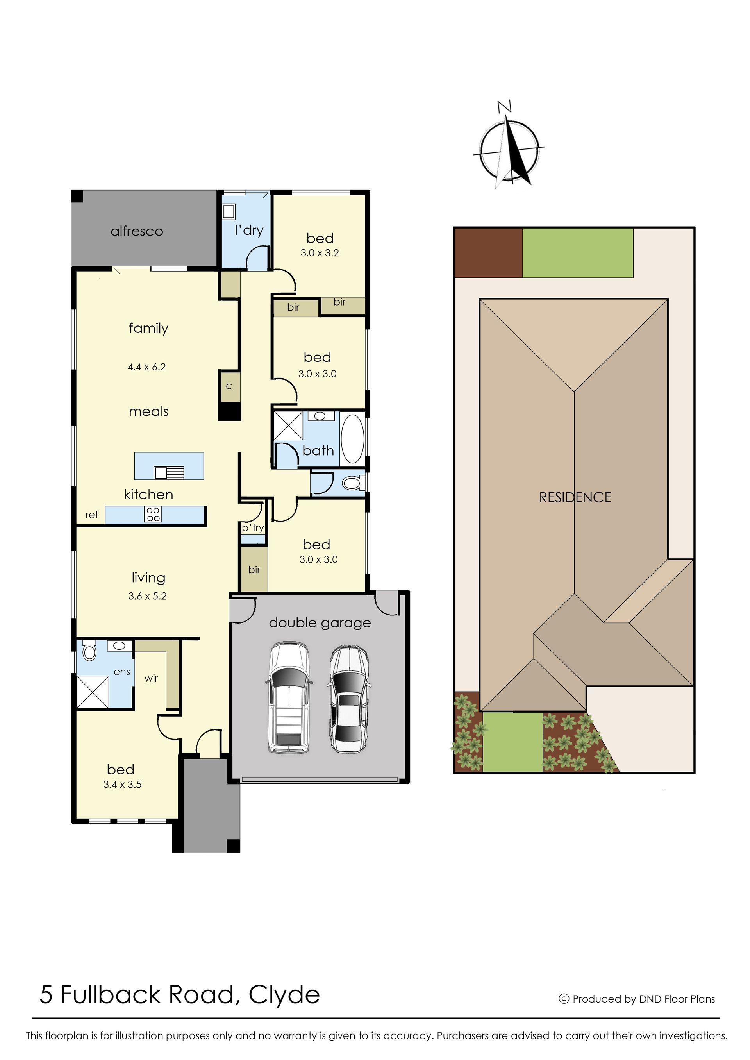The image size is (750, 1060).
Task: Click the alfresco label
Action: (x=137, y=231)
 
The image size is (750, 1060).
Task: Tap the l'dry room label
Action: (x=249, y=230)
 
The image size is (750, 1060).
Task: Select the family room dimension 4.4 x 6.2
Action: (x=147, y=367)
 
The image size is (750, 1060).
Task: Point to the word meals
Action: (x=149, y=411)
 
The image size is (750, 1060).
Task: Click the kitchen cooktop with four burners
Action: (x=153, y=515)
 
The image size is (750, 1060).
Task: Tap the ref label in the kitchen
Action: (x=91, y=515)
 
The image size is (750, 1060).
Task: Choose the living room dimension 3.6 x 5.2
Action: (x=147, y=596)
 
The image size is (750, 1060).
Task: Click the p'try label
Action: (x=253, y=528)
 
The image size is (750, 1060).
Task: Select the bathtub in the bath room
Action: (x=352, y=439)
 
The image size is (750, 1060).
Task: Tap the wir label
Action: (x=151, y=679)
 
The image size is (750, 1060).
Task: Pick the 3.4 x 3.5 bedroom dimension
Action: (x=122, y=784)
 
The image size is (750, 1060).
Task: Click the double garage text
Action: (x=320, y=623)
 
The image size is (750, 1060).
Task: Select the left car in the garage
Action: (x=289, y=697)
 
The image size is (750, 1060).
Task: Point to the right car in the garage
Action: (x=349, y=699)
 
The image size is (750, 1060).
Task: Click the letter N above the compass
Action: (x=504, y=107)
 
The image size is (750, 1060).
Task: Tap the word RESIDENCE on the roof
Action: (x=575, y=497)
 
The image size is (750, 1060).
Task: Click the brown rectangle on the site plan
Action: (x=488, y=253)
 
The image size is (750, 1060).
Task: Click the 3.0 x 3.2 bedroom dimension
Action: (x=320, y=253)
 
